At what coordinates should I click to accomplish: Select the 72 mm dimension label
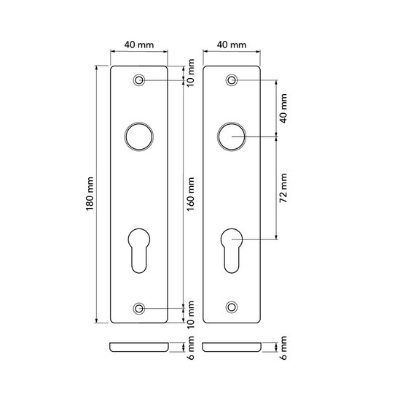[283, 188]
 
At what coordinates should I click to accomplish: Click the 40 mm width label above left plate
[139, 45]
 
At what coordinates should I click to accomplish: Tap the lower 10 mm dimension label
[192, 313]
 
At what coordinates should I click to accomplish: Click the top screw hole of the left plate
[139, 80]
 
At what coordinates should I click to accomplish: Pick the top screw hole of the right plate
[232, 80]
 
